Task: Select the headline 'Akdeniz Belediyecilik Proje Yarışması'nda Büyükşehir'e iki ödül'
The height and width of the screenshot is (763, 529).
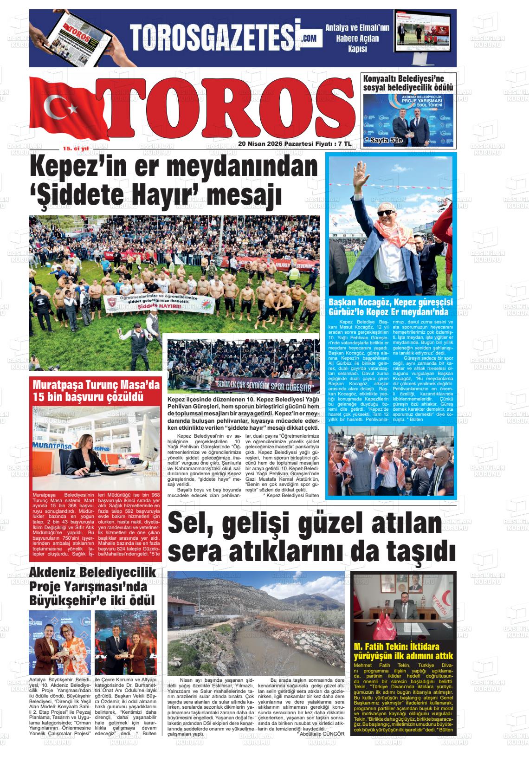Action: [x=92, y=587]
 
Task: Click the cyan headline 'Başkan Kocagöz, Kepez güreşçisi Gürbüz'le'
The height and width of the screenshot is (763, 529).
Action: [x=391, y=307]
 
